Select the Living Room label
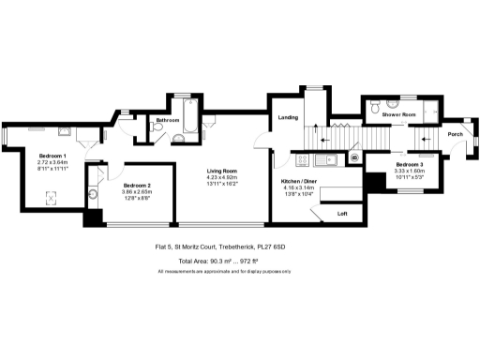pos(223,170)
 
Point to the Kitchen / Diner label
pos(299,182)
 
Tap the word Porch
pos(455,134)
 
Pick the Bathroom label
pos(169,121)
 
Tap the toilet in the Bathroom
pos(178,139)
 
